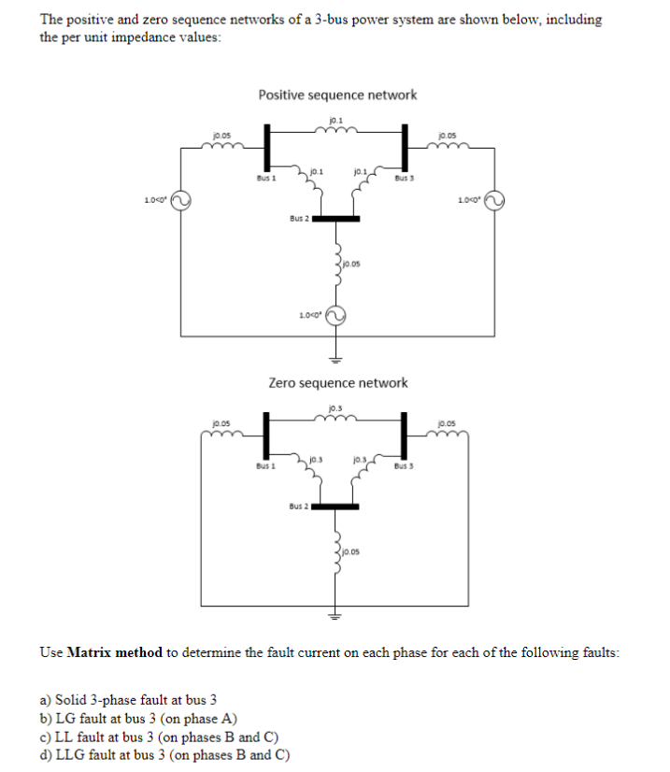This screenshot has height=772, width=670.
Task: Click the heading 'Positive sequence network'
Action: (337, 94)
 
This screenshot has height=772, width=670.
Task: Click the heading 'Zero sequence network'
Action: (337, 382)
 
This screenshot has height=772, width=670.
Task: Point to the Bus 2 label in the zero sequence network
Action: (298, 507)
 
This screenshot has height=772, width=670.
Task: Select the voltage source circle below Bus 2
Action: (335, 315)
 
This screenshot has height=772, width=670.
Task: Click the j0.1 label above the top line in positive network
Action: (336, 118)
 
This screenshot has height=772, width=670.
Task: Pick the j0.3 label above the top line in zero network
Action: (336, 407)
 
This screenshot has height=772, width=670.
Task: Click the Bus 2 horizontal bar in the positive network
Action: (335, 219)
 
